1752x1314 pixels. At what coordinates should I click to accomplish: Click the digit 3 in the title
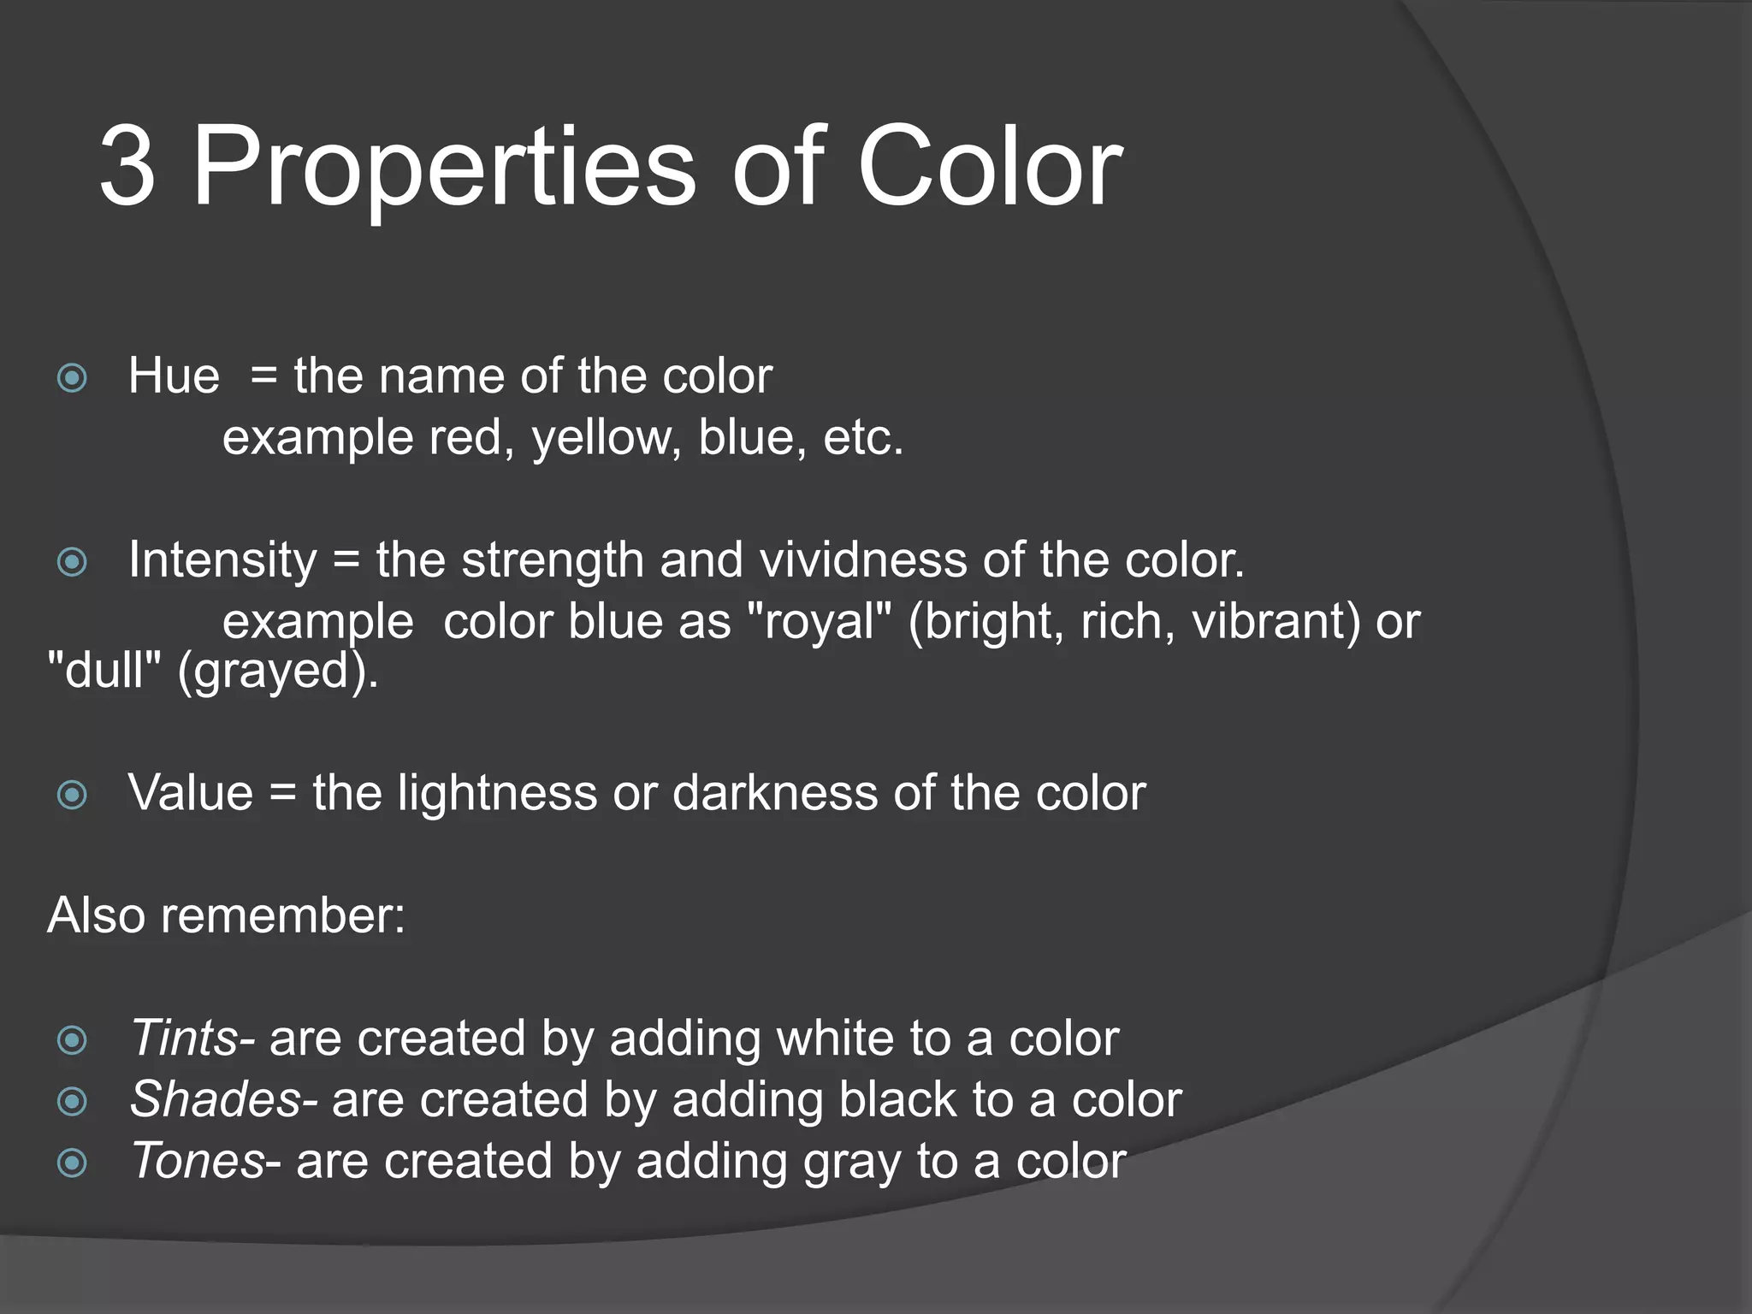tap(128, 167)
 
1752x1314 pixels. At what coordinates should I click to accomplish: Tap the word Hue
tap(174, 376)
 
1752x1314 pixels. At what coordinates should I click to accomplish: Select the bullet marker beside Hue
tap(72, 377)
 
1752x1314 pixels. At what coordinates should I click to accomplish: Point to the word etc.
tap(862, 438)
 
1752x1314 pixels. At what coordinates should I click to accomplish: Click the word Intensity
tap(222, 561)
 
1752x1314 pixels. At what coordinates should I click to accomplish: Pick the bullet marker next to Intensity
tap(72, 562)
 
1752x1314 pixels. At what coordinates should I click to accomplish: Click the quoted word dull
tap(104, 670)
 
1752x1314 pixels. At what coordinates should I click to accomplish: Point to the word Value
tap(190, 793)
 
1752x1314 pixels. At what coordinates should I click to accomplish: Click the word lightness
tap(497, 793)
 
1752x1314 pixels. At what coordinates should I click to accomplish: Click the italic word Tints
tap(183, 1039)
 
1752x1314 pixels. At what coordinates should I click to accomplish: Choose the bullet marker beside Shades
tap(72, 1101)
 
